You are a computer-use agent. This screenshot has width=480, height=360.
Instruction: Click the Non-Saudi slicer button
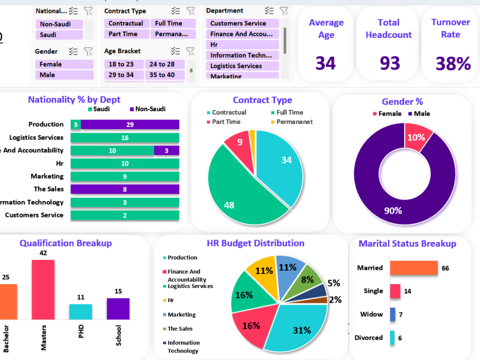click(59, 24)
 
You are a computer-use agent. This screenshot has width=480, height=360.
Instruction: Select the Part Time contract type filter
click(123, 34)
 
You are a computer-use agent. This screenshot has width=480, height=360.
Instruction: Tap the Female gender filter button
click(63, 64)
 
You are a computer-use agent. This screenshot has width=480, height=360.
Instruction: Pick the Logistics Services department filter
click(242, 66)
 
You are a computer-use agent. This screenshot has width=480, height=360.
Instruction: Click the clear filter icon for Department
click(284, 11)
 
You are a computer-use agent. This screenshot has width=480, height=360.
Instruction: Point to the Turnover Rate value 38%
click(453, 63)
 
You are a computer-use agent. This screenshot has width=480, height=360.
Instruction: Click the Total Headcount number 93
click(389, 63)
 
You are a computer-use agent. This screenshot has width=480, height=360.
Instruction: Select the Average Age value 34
click(326, 63)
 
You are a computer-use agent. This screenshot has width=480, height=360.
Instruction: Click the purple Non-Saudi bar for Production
click(130, 125)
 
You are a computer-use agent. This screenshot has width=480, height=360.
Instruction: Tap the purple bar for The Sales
click(125, 189)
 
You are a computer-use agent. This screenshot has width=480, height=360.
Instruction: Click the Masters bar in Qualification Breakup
click(43, 289)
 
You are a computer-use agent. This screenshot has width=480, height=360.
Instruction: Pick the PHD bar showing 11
click(81, 312)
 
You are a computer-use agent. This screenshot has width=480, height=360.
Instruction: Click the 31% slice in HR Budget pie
click(298, 326)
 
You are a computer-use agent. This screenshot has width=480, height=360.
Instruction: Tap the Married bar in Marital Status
click(414, 268)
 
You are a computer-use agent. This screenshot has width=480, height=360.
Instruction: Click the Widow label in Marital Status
click(372, 314)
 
